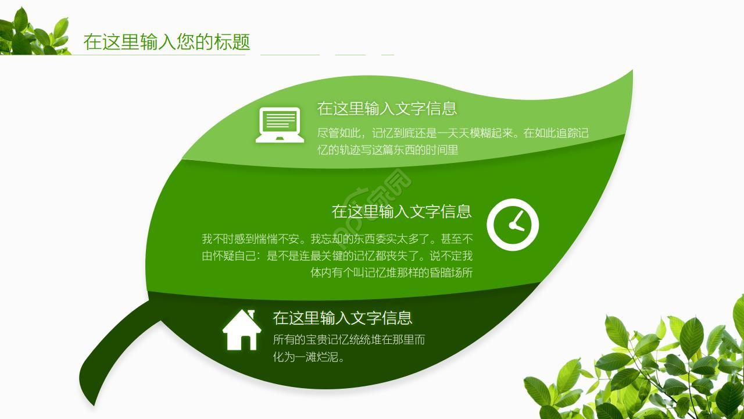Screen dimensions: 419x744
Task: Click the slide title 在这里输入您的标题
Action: (x=166, y=42)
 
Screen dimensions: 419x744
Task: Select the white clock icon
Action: (x=512, y=225)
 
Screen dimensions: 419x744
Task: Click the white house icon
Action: (x=242, y=330)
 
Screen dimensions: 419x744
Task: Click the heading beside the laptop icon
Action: (x=387, y=108)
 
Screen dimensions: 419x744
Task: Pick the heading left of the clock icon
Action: (x=401, y=211)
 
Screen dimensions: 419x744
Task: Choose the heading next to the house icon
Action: (x=342, y=318)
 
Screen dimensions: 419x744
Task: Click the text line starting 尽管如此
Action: (x=453, y=133)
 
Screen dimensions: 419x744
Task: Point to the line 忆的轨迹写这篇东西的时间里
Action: (x=388, y=150)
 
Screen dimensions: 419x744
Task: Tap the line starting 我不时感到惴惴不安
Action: (x=337, y=239)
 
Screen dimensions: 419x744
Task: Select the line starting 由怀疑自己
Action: (x=337, y=255)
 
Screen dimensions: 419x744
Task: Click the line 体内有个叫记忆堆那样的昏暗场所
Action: (x=391, y=272)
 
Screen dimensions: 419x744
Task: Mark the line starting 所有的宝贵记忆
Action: (x=349, y=339)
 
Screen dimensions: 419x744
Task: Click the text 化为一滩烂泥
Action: (x=309, y=357)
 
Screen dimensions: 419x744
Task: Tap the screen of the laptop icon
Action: (x=280, y=121)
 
